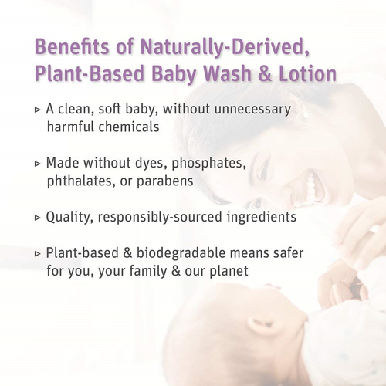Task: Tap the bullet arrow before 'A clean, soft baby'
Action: pyautogui.click(x=38, y=110)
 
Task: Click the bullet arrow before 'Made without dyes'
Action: pyautogui.click(x=38, y=164)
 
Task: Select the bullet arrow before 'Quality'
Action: pyautogui.click(x=38, y=218)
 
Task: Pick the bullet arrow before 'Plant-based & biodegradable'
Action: pyautogui.click(x=38, y=254)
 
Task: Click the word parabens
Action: pyautogui.click(x=164, y=181)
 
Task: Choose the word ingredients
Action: pyautogui.click(x=259, y=218)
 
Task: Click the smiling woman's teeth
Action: pyautogui.click(x=312, y=185)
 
